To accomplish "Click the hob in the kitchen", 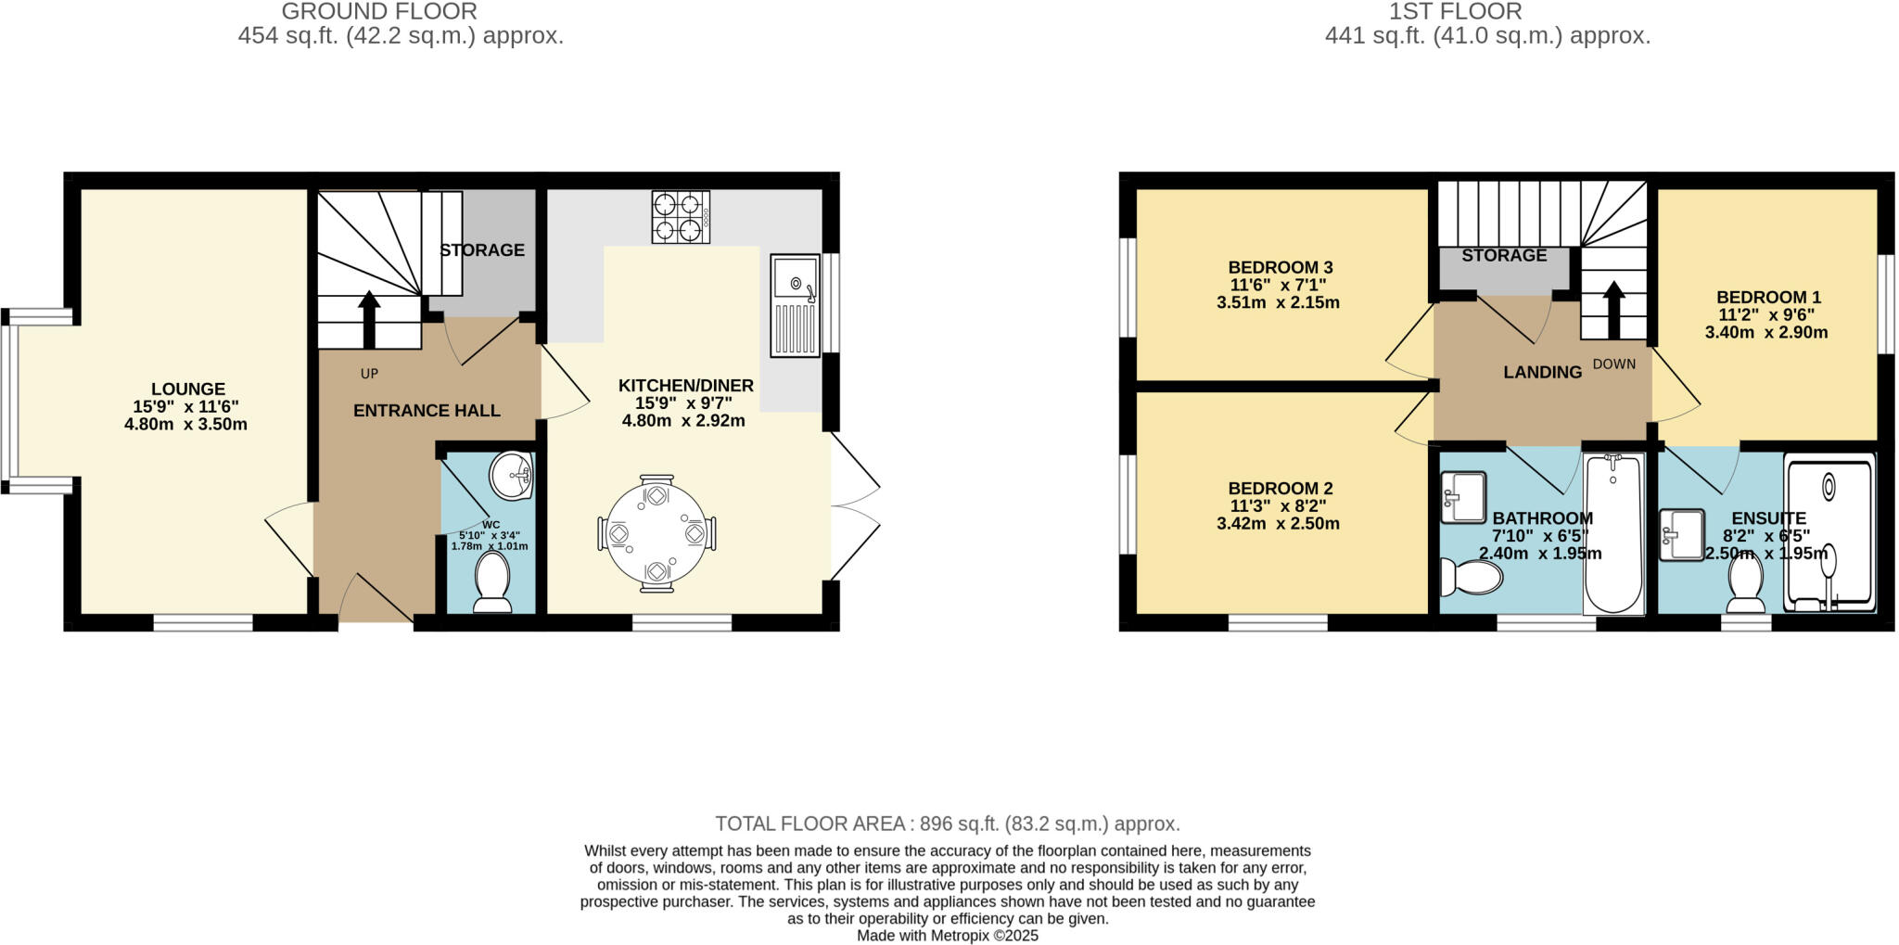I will pyautogui.click(x=681, y=217).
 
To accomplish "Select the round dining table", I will pyautogui.click(x=656, y=533).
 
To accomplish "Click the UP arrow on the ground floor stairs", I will pyautogui.click(x=369, y=318).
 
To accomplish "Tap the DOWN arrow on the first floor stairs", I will pyautogui.click(x=1613, y=309).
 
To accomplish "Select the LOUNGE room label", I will pyautogui.click(x=188, y=389).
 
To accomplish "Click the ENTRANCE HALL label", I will pyautogui.click(x=427, y=411).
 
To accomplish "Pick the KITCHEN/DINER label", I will pyautogui.click(x=686, y=386).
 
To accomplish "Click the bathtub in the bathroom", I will pyautogui.click(x=1613, y=533).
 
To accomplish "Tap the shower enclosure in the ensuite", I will pyautogui.click(x=1829, y=533).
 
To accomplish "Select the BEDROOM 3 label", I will pyautogui.click(x=1280, y=268).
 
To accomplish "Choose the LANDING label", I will pyautogui.click(x=1542, y=373).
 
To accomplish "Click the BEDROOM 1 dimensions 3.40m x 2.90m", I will pyautogui.click(x=1766, y=332).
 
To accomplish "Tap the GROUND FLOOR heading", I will pyautogui.click(x=379, y=12).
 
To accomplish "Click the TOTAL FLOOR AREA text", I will pyautogui.click(x=947, y=824).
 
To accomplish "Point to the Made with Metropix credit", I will pyautogui.click(x=947, y=936).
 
